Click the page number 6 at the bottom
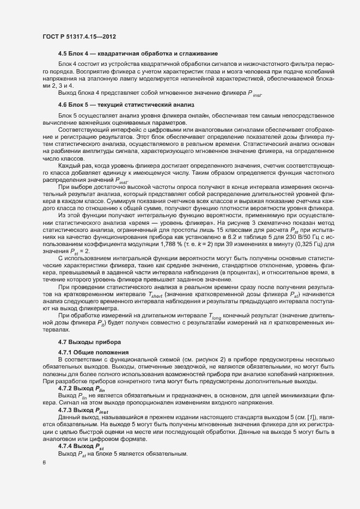(x=44, y=463)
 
